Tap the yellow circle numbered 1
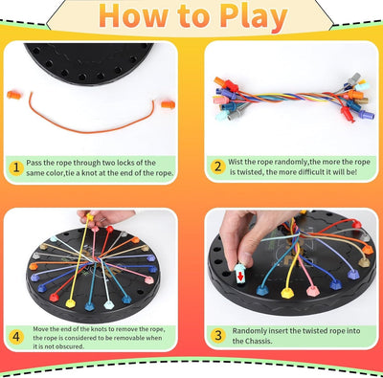15,167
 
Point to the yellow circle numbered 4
15,335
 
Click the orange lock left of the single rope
14,94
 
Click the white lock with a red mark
243,275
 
